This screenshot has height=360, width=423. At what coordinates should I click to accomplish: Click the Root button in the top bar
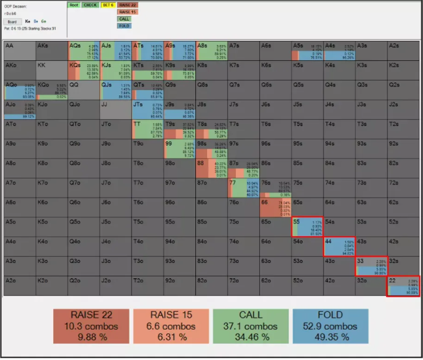click(74, 5)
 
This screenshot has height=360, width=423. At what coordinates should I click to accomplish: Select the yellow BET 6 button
click(108, 5)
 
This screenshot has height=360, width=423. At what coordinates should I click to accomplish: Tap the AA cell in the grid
click(19, 51)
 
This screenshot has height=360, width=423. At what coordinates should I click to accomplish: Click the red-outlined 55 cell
click(307, 226)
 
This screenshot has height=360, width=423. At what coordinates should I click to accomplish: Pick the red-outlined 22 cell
click(403, 286)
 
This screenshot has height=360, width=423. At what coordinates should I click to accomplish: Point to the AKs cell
click(51, 51)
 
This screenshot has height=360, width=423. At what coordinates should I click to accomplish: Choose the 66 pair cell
click(275, 207)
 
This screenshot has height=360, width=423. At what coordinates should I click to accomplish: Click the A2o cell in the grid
click(19, 286)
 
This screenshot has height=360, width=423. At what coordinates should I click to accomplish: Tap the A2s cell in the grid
click(403, 51)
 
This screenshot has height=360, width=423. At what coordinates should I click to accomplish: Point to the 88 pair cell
click(211, 168)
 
